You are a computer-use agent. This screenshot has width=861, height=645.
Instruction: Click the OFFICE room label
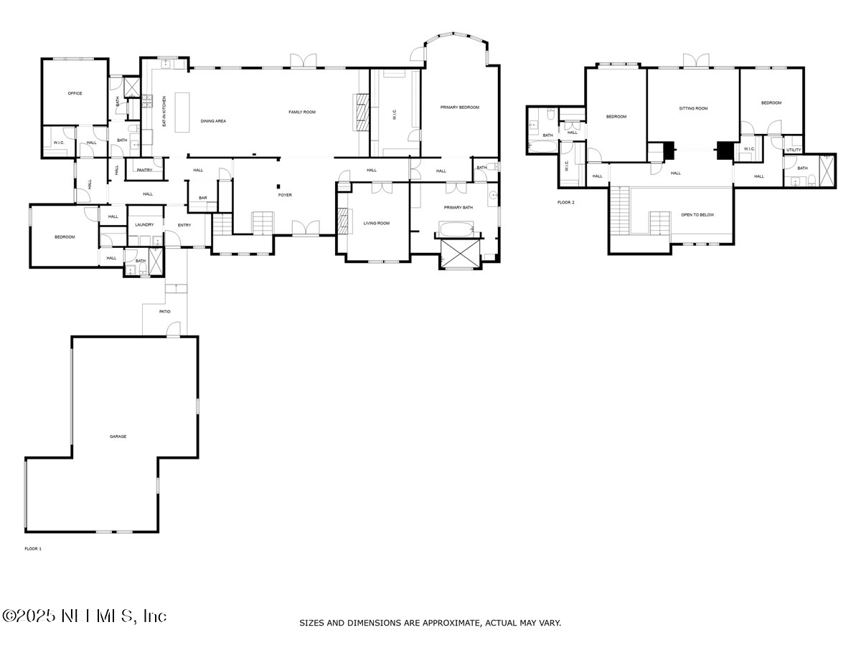click(75, 93)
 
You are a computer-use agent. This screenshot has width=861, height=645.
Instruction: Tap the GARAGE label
click(118, 436)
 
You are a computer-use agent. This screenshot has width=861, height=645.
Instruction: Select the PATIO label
click(165, 311)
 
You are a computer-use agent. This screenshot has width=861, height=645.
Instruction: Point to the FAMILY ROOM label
click(302, 112)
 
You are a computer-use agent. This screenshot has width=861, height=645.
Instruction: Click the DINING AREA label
click(213, 121)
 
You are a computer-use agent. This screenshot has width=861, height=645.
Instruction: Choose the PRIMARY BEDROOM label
click(459, 107)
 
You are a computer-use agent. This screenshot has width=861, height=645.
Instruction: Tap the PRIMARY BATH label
click(458, 207)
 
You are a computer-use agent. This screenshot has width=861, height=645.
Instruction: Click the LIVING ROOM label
click(376, 223)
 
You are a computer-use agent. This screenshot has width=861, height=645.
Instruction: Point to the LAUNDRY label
click(144, 225)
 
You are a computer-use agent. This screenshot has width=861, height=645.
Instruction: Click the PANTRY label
click(144, 170)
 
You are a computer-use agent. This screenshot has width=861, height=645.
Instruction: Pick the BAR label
click(203, 198)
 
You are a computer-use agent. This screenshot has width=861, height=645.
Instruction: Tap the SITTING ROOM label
click(693, 108)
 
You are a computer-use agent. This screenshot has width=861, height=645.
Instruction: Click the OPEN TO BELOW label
click(697, 215)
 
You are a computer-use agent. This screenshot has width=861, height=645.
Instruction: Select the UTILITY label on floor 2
click(793, 150)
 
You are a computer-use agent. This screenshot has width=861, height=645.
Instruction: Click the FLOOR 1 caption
click(33, 549)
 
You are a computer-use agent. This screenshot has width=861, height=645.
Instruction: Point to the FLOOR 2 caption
click(566, 202)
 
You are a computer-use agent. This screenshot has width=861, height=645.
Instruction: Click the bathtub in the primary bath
click(456, 231)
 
